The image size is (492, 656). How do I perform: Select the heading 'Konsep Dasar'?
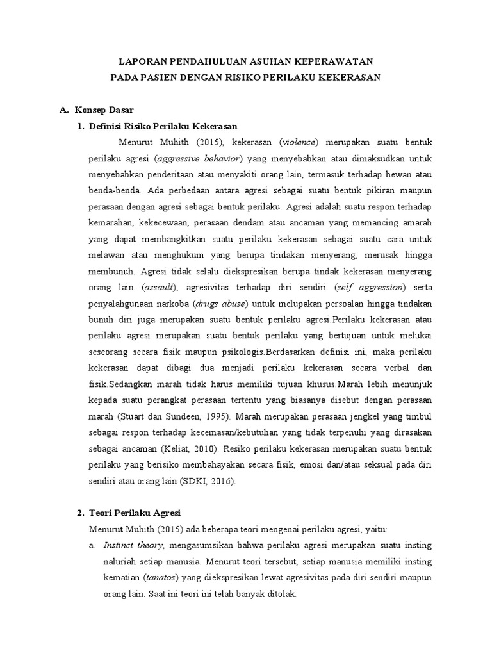[x=104, y=110]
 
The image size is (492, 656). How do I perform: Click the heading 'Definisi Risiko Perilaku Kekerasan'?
[x=163, y=126]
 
